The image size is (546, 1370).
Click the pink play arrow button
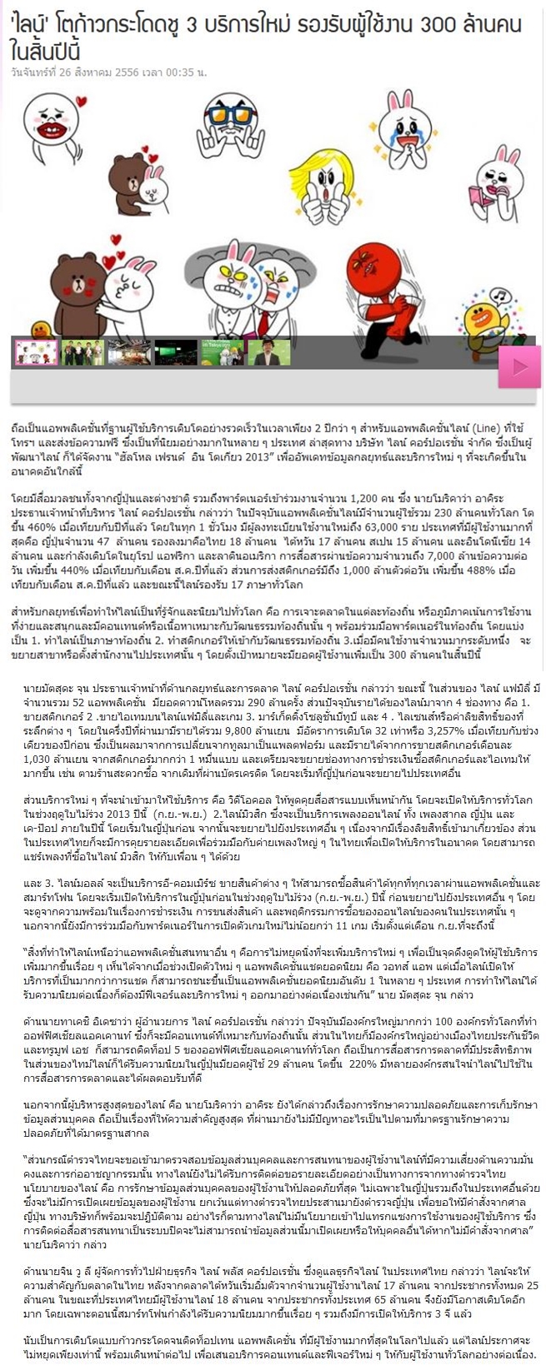(x=519, y=366)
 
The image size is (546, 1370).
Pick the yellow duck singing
(x=482, y=316)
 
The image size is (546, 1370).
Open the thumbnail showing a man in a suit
(x=269, y=352)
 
